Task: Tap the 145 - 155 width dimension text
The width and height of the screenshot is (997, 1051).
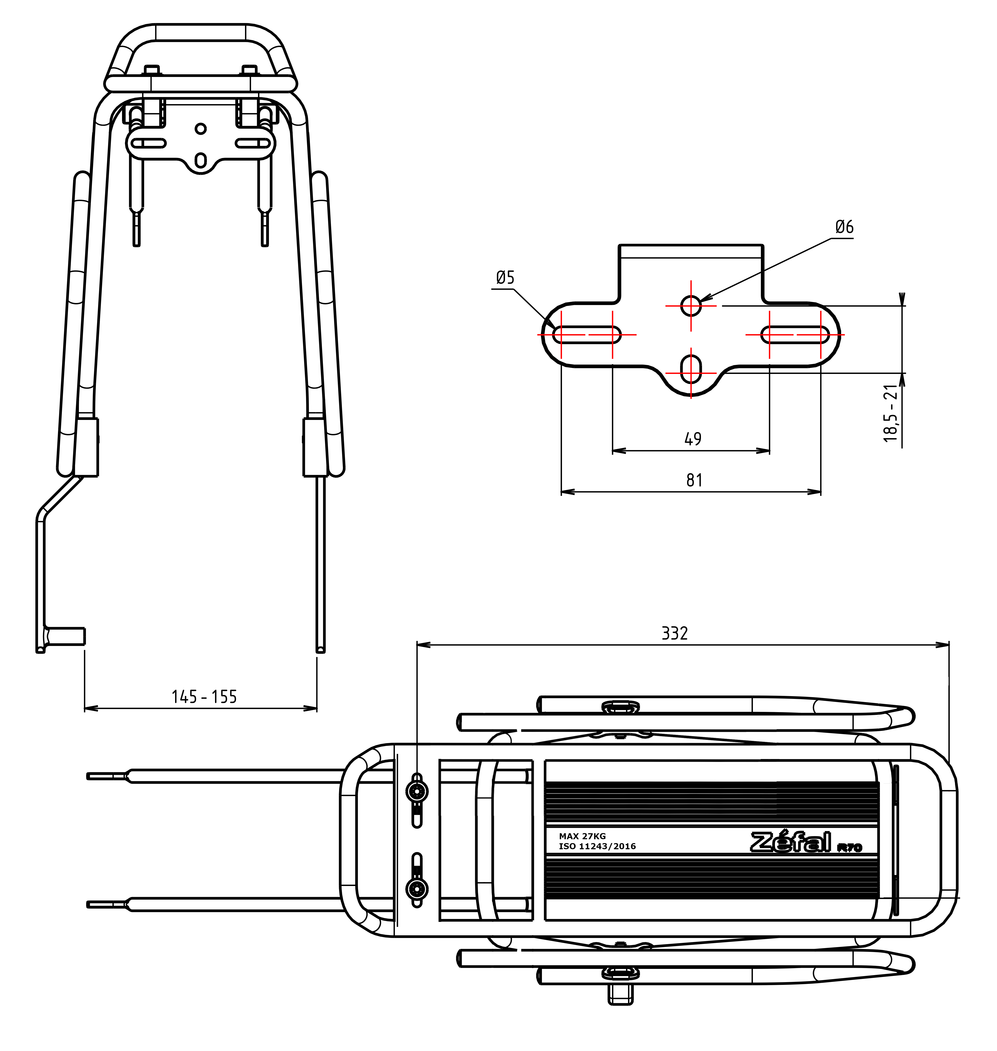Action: (x=204, y=697)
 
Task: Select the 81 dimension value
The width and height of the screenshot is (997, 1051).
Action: (x=694, y=480)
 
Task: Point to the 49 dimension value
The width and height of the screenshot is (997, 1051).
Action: (x=692, y=439)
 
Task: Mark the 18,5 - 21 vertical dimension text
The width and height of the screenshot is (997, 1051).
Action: (x=891, y=413)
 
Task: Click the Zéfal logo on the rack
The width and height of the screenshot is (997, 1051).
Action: (x=791, y=842)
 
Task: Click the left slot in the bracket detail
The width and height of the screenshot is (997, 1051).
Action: (x=587, y=335)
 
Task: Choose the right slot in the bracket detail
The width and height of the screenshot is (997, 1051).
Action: (x=795, y=335)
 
